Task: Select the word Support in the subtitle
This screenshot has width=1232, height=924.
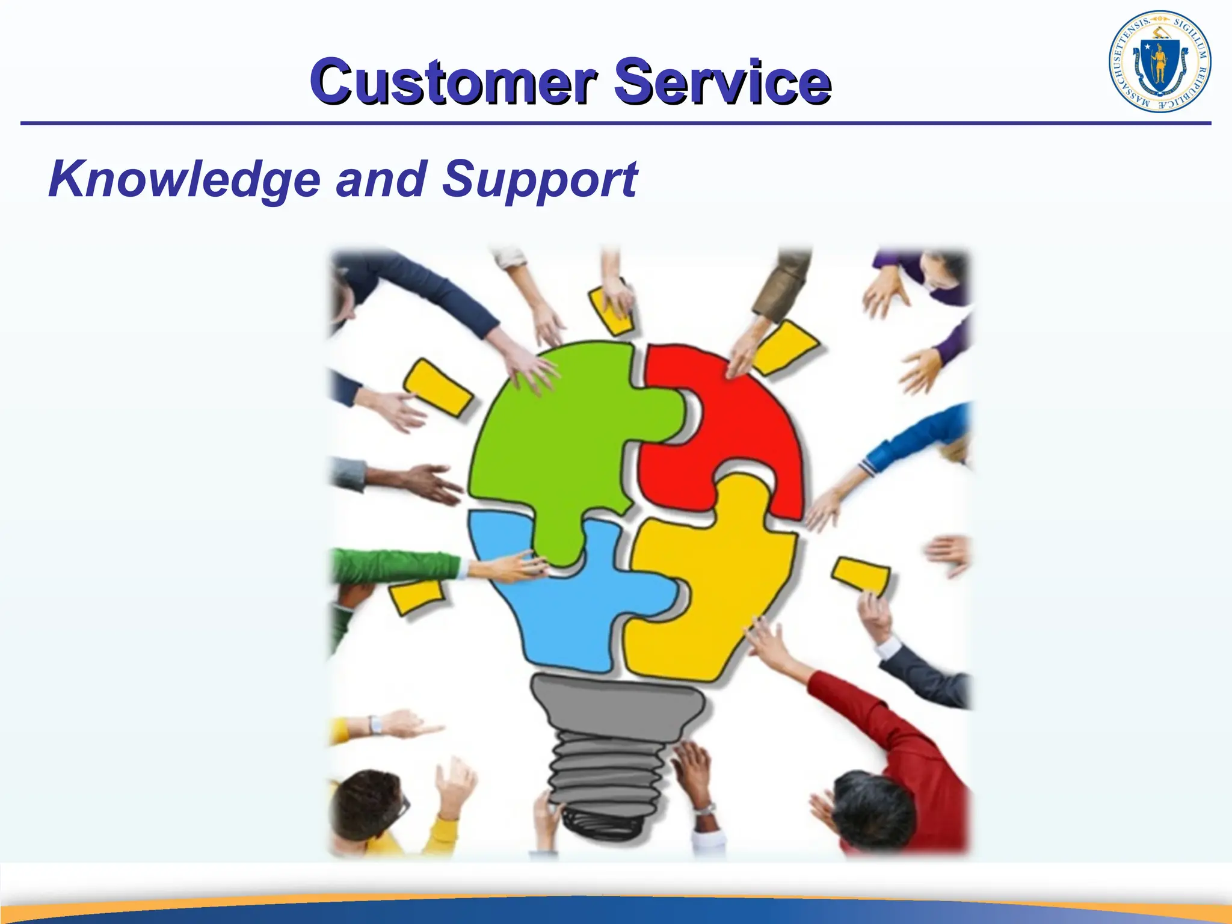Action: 540,179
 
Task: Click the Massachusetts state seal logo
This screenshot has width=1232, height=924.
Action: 1159,62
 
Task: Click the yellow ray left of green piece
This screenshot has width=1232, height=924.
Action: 438,388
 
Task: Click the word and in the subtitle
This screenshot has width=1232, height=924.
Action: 381,179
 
